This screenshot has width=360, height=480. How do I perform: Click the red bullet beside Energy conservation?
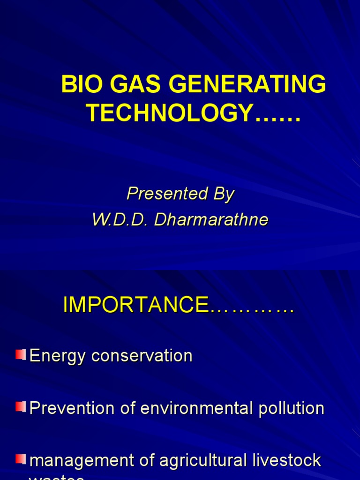tap(21, 355)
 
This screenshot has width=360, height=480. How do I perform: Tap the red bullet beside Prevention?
tap(21, 407)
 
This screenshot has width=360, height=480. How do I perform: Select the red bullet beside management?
tap(21, 459)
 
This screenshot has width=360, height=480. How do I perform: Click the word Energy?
tap(58, 356)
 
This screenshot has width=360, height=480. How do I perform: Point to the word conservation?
tap(142, 356)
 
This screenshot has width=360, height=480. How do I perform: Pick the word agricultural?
tap(202, 460)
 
